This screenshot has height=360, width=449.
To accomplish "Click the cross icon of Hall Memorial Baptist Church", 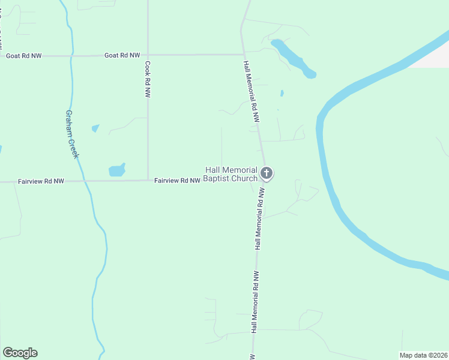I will tap(267, 174).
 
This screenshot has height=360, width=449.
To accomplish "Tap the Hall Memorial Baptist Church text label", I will tap(231, 174).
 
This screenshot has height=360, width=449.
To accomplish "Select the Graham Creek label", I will tap(72, 134).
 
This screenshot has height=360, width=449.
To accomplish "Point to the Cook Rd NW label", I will tap(148, 79).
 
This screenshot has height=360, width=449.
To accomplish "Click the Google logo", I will tap(20, 353).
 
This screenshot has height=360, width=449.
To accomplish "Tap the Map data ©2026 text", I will tap(424, 355).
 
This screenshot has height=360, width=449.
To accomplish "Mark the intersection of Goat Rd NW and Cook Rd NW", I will tap(148, 55).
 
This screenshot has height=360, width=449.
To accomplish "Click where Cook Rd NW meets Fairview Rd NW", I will tap(148, 180).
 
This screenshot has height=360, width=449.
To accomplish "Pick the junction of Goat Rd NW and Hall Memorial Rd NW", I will tap(243, 55).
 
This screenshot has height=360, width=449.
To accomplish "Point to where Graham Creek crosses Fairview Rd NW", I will tap(85, 181).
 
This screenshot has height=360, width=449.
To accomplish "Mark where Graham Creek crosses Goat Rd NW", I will tap(71, 56).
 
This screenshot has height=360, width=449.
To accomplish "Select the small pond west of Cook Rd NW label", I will tap(95, 128).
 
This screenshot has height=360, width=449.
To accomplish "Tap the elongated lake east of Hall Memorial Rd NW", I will tap(293, 58).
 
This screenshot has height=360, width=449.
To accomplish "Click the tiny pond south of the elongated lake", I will tap(282, 94).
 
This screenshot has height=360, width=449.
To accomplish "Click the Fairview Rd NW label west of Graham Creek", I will tap(41, 181).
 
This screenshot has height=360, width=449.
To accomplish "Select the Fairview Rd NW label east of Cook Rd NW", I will tap(176, 180).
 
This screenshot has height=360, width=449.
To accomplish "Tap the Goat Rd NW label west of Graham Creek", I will tap(24, 56).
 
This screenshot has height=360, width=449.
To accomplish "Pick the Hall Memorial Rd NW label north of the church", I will tap(251, 91).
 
